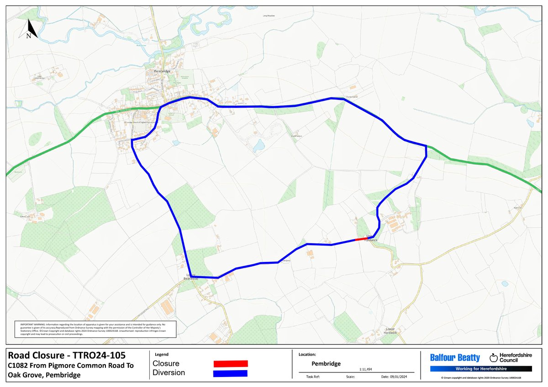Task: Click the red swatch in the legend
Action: [x=231, y=364]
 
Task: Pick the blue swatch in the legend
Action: [x=231, y=373]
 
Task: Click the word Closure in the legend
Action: [x=166, y=364]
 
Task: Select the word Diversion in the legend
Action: [x=169, y=373]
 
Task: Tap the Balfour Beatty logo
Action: [x=455, y=358]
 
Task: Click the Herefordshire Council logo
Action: [x=507, y=358]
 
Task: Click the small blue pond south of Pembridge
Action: [x=259, y=146]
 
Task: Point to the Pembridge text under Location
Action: [x=326, y=364]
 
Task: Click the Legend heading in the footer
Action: [x=162, y=354]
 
